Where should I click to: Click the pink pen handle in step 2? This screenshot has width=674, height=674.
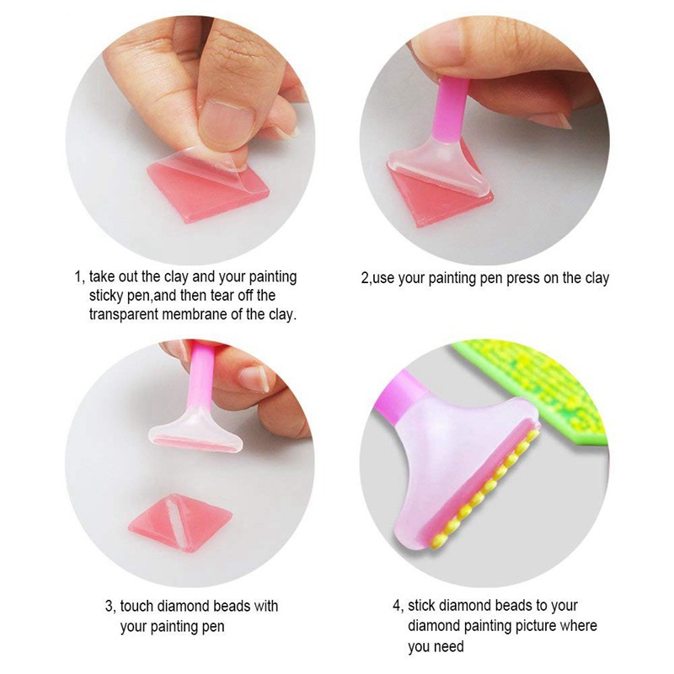(451, 111)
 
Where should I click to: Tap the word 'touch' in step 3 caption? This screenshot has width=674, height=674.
(137, 606)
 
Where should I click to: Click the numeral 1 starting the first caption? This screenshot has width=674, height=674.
(78, 277)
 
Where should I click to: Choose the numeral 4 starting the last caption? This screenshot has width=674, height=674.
(396, 606)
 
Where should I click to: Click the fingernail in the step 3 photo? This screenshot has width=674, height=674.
(255, 378)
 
